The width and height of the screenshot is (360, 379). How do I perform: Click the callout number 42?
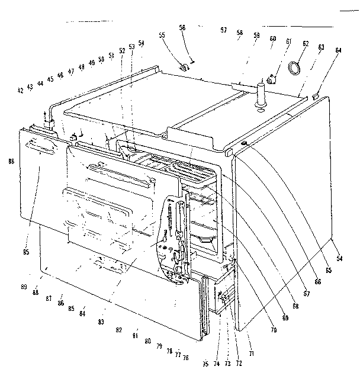coord(20,90)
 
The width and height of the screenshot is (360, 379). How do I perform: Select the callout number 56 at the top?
coord(182,27)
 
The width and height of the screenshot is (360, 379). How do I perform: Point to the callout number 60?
coord(272,38)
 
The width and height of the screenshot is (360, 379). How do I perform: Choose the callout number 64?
coord(338,50)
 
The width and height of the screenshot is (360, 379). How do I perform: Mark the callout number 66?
coord(318,282)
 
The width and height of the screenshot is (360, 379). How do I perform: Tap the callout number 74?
coord(216,364)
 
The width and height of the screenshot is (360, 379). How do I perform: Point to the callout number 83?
coord(101,322)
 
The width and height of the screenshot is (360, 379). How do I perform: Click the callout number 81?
coord(136,336)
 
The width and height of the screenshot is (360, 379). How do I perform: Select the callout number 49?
coord(92,62)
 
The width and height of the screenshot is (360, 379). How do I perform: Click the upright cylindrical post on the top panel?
coord(259,95)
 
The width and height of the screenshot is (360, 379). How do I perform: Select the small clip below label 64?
coord(315,95)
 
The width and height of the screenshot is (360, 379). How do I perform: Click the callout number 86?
coord(60,303)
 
